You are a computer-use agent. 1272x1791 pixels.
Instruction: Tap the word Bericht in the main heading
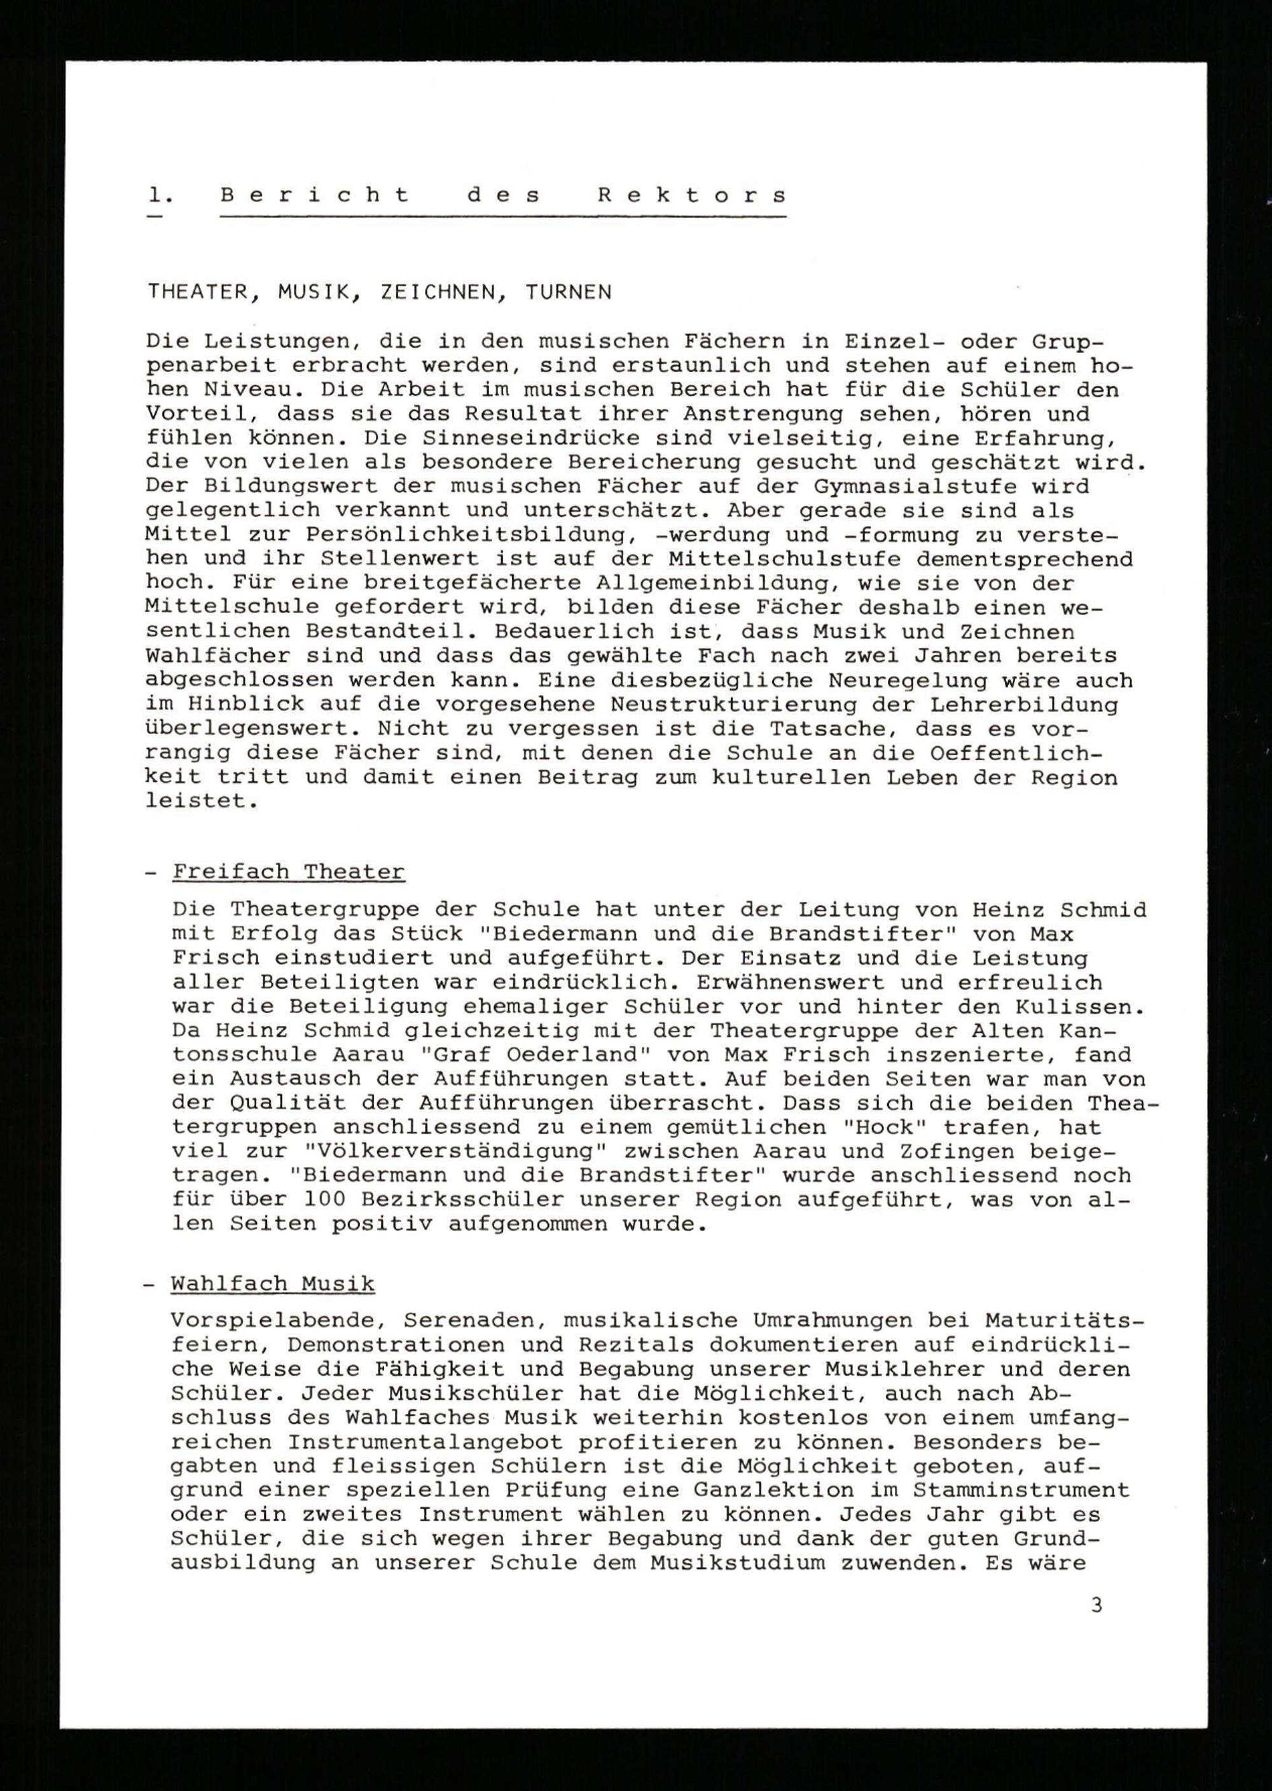[x=315, y=196]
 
